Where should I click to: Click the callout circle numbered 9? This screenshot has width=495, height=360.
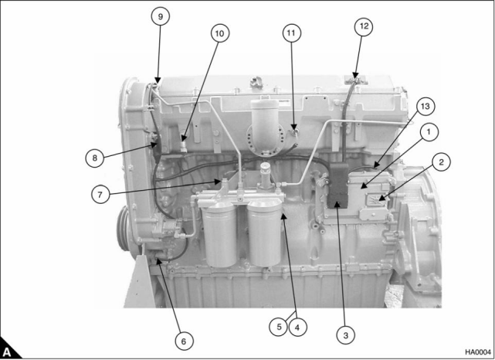tap(161, 16)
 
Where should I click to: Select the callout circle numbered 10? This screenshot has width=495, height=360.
tap(219, 33)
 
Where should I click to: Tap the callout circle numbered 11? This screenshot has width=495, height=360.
tap(291, 33)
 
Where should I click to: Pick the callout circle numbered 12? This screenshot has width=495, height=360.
tap(364, 26)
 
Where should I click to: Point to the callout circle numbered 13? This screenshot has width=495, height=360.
tap(425, 107)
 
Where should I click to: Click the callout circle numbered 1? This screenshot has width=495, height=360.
tap(429, 131)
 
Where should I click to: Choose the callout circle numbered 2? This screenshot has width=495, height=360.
tap(441, 162)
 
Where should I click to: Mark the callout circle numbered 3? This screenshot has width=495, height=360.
tap(345, 335)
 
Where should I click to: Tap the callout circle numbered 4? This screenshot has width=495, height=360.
tap(297, 327)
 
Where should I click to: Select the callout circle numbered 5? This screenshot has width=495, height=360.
tap(279, 327)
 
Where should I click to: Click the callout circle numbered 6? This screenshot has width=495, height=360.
tap(184, 341)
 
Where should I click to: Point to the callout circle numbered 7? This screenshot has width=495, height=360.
tap(100, 195)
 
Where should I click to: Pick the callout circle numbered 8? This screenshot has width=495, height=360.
tap(95, 158)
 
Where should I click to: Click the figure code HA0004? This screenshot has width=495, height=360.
tap(478, 352)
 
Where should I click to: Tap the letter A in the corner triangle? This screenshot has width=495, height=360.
tap(7, 352)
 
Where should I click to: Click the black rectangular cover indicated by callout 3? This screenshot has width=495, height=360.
tap(337, 185)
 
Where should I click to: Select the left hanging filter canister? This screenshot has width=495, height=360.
tap(219, 235)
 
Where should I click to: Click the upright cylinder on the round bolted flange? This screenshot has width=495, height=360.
tap(265, 123)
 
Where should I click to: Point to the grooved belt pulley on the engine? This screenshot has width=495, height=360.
tap(124, 229)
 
